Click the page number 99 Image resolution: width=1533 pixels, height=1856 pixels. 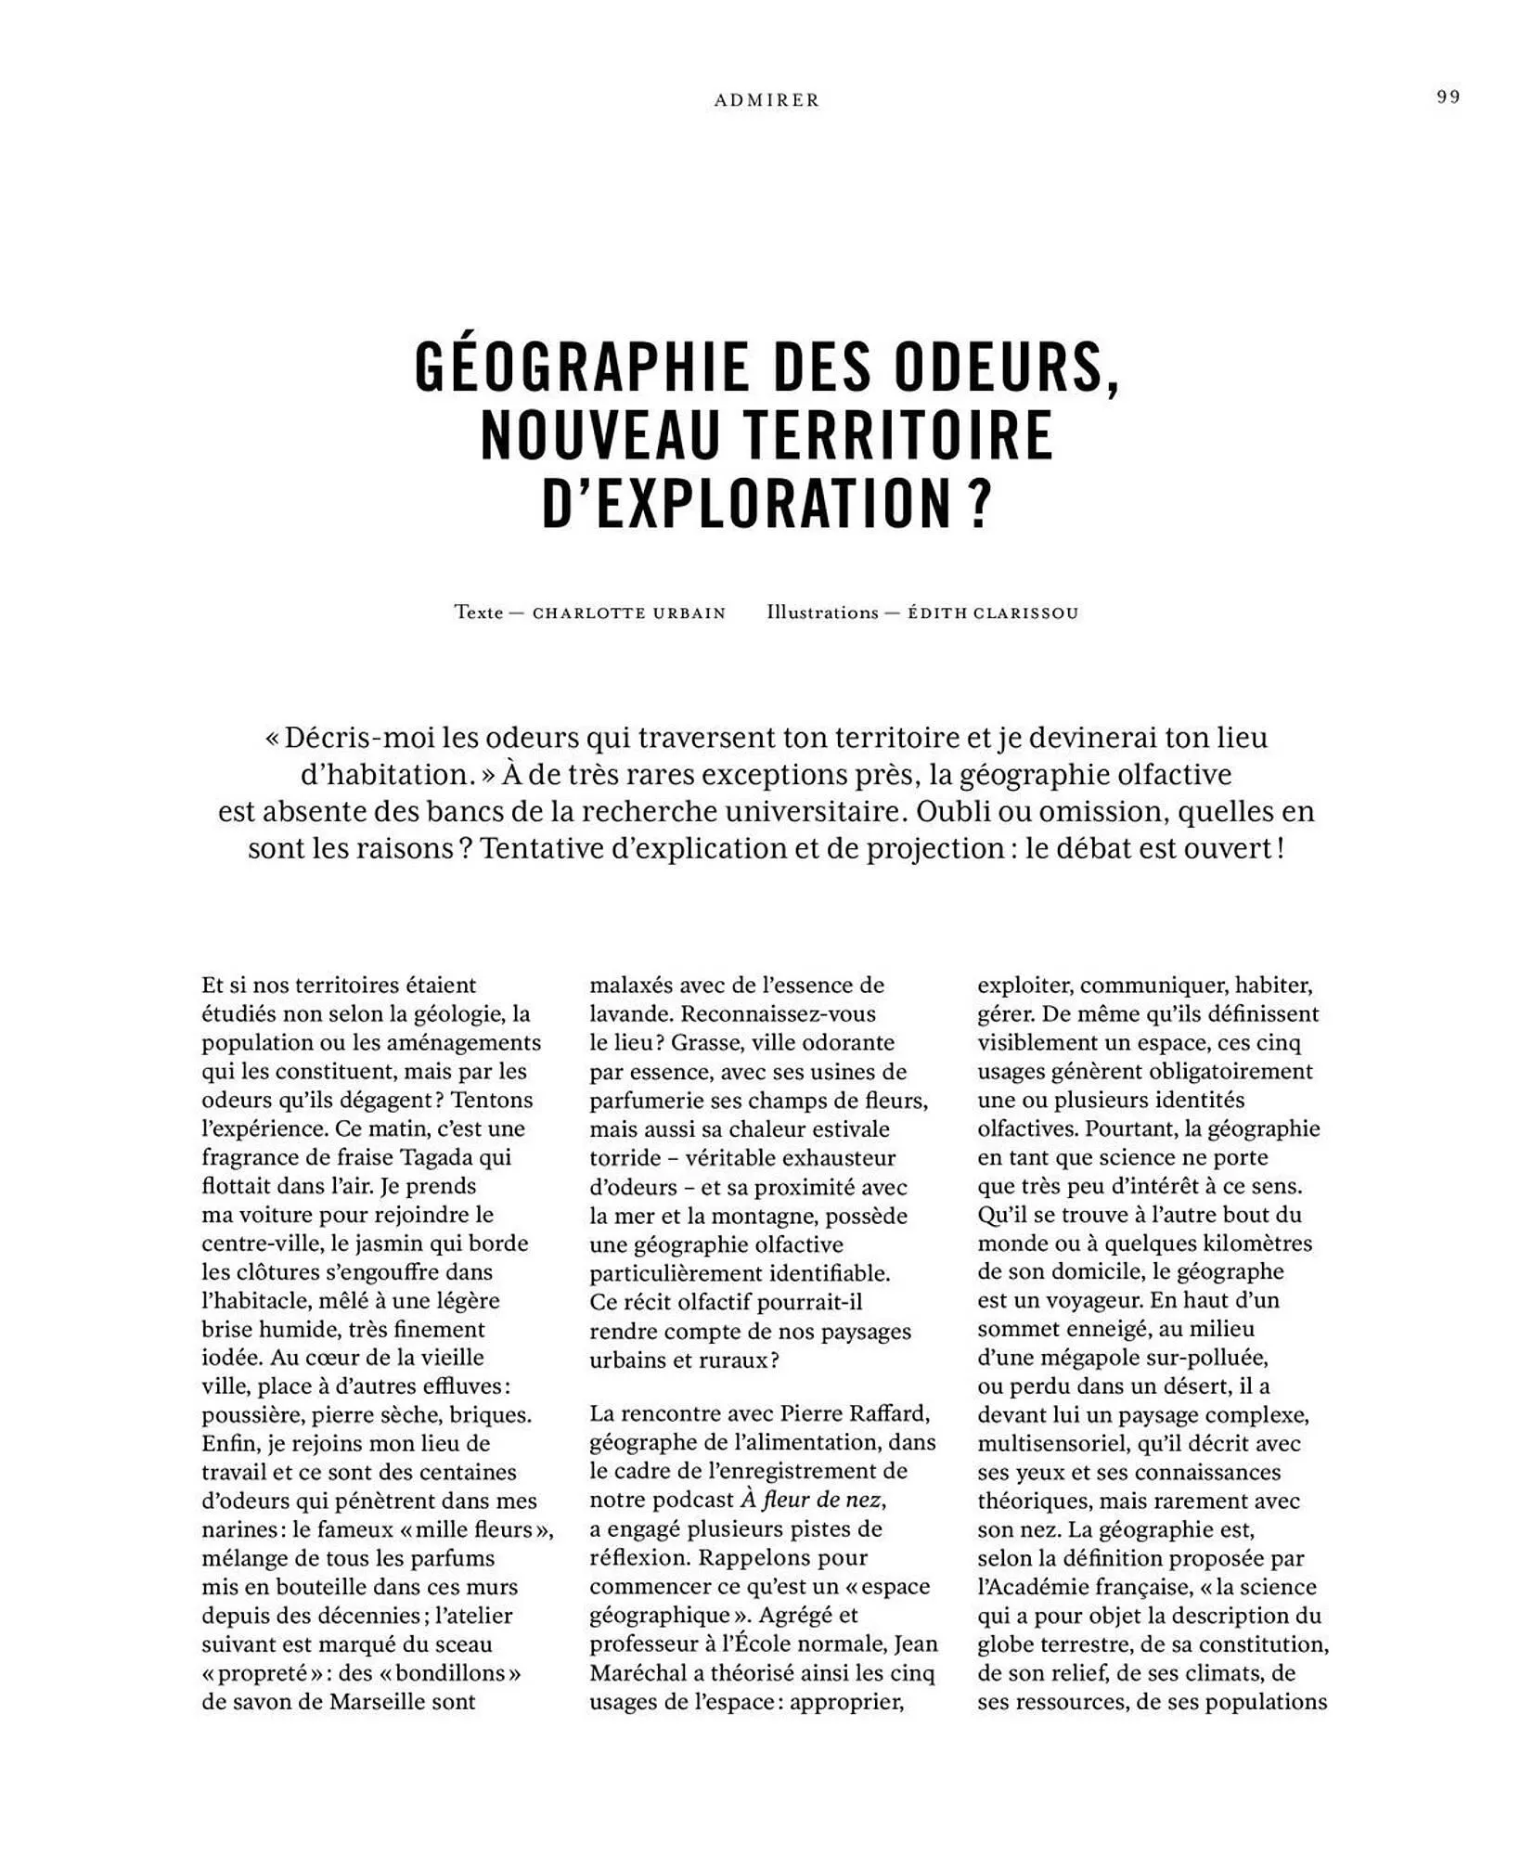point(1449,97)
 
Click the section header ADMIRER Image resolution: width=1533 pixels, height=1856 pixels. point(766,100)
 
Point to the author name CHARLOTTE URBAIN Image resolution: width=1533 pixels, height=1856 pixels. point(628,613)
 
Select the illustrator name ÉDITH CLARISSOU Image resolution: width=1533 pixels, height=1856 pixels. point(993,613)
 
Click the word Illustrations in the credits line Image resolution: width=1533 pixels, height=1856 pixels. point(822,612)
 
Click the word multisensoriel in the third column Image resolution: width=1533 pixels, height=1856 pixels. point(1046,1443)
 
